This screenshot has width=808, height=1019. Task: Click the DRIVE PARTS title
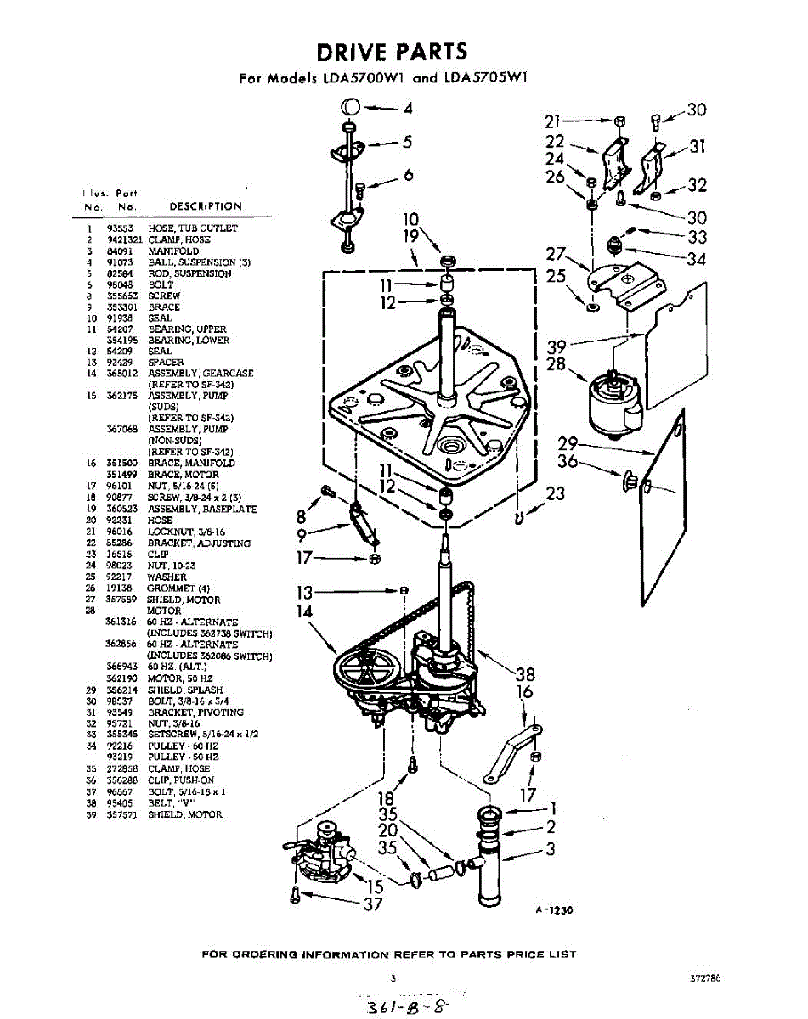click(392, 52)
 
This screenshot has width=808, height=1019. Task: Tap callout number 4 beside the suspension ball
click(408, 109)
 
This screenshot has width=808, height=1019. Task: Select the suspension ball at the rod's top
click(350, 108)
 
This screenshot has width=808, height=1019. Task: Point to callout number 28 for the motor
click(557, 364)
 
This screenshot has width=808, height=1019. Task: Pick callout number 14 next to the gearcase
click(303, 611)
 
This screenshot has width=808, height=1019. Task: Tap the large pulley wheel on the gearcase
click(363, 671)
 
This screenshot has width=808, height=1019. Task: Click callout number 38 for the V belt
click(525, 674)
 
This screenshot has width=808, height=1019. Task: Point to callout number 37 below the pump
click(373, 904)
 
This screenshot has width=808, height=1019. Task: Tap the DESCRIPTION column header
click(206, 206)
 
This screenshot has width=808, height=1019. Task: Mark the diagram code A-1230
click(554, 909)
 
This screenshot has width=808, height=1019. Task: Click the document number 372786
click(705, 978)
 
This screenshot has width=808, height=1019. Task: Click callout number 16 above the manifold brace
click(525, 692)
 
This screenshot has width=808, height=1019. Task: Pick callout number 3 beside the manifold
click(551, 847)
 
